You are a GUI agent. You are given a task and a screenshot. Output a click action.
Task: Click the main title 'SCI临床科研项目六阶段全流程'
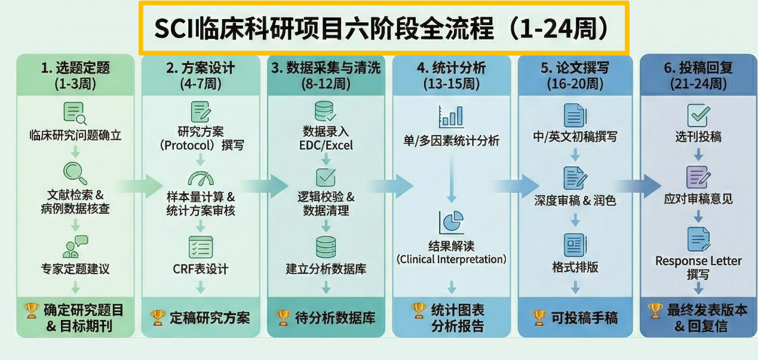[x=382, y=28]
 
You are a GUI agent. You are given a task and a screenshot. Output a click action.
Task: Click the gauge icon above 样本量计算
[x=201, y=179]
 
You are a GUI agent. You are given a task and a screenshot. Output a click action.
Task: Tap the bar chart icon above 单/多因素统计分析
[x=451, y=116]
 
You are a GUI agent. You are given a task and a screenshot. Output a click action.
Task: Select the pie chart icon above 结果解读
[x=452, y=222]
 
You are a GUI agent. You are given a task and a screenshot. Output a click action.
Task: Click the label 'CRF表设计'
[x=201, y=269]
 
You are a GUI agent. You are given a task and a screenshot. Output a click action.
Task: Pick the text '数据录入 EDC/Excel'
[x=326, y=138]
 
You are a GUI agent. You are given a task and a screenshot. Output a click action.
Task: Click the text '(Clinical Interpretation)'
[x=452, y=259]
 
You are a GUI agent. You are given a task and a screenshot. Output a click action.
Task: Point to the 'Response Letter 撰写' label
[x=698, y=267]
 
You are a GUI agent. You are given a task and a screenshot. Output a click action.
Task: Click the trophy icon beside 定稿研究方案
[x=158, y=317]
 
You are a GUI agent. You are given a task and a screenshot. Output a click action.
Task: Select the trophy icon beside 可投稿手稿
[x=539, y=317]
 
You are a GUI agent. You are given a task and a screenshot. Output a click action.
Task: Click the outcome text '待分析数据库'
[x=335, y=318]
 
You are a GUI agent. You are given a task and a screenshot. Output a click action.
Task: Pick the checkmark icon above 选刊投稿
[x=698, y=114]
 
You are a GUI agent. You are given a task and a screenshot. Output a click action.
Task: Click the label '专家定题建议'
[x=75, y=269]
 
